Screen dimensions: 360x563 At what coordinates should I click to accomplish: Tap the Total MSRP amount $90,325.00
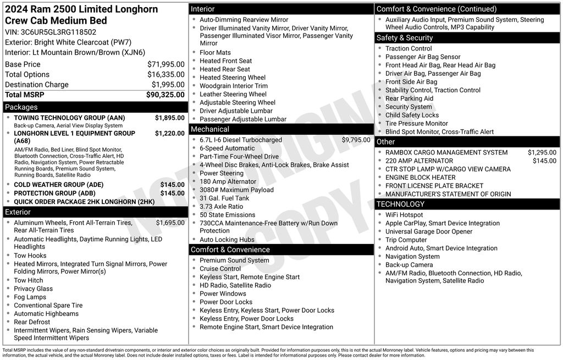click(165, 95)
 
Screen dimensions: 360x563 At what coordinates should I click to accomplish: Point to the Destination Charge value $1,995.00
click(168, 85)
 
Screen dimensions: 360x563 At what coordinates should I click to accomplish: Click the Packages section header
click(21, 107)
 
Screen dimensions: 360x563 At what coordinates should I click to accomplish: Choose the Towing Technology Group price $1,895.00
click(169, 118)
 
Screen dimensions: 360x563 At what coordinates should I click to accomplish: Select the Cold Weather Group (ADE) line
click(58, 185)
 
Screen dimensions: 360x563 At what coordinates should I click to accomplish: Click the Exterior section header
click(18, 212)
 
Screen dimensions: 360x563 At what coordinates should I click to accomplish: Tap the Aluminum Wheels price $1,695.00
click(170, 223)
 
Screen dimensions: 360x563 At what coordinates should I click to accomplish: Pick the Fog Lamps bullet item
click(30, 297)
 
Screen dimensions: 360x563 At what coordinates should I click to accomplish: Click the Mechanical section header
click(209, 129)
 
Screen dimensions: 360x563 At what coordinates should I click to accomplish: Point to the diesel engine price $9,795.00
click(356, 140)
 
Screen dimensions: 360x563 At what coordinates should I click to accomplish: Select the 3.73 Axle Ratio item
click(221, 206)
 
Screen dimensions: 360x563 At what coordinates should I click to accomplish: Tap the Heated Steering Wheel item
click(232, 77)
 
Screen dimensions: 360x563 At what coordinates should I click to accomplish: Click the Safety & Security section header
click(404, 38)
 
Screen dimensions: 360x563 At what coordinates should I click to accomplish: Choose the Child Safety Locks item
click(412, 115)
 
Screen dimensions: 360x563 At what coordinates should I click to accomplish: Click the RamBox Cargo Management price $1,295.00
click(542, 152)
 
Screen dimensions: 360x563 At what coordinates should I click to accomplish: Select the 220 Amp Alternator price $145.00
click(544, 160)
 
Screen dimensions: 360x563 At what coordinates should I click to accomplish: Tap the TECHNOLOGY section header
click(401, 204)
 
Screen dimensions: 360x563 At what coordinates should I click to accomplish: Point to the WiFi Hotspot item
click(404, 215)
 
